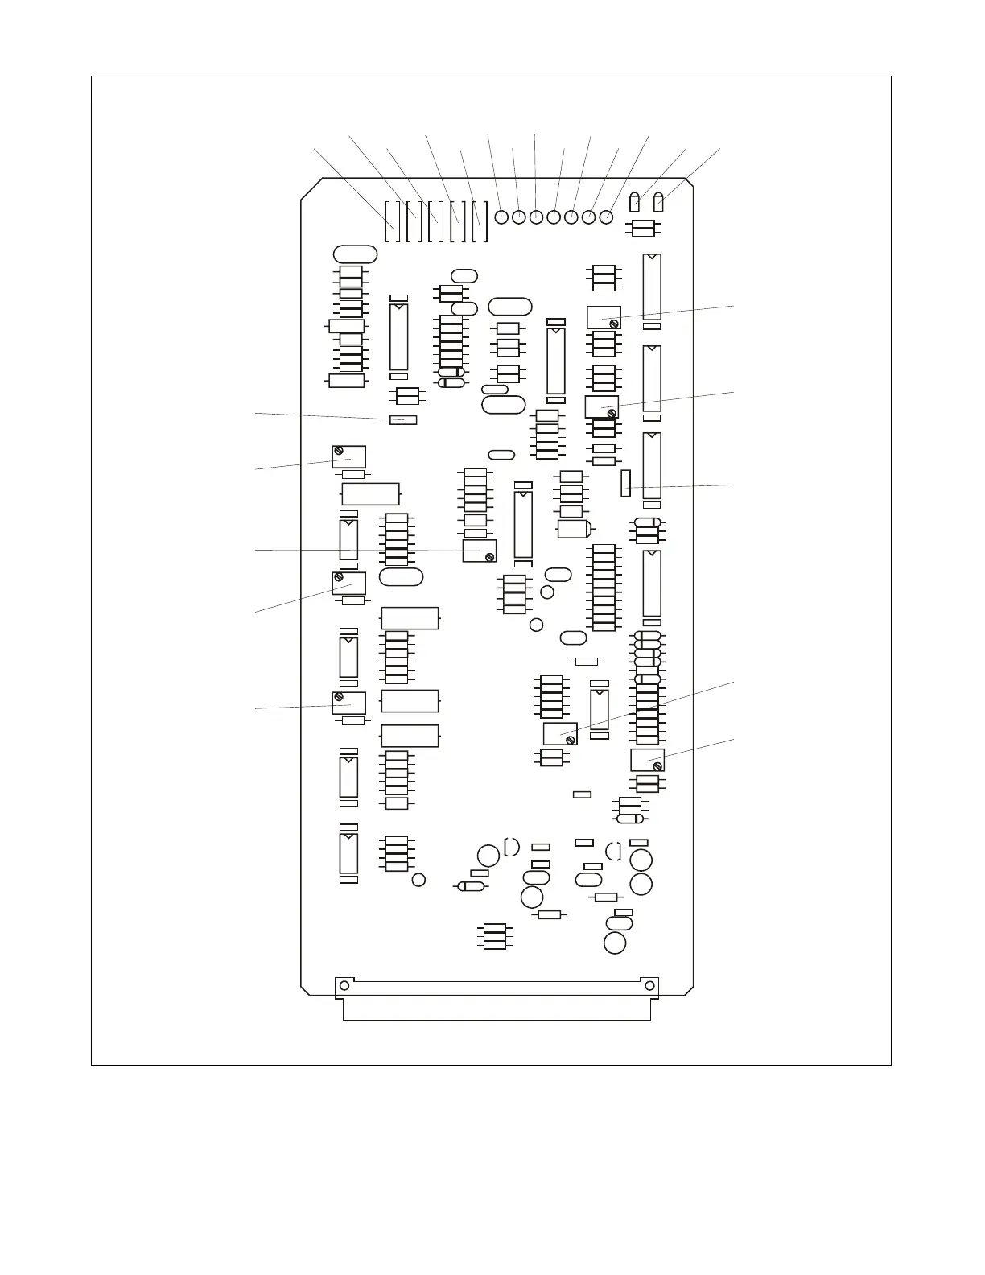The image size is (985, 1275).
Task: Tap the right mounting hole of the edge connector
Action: pos(649,985)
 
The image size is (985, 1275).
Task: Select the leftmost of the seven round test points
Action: pos(501,217)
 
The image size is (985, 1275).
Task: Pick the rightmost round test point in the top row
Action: pos(606,217)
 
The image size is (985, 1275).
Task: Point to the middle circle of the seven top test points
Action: pos(554,217)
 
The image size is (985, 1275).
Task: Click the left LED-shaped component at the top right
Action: pos(635,201)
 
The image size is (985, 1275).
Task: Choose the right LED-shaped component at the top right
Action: pos(659,201)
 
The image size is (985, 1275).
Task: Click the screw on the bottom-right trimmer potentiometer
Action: pos(658,766)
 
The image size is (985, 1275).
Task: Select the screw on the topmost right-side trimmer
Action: pos(615,324)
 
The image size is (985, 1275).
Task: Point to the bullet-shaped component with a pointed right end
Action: pos(575,530)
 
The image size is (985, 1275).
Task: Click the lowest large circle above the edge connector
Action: pos(615,943)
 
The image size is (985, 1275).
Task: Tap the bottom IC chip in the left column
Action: pos(348,854)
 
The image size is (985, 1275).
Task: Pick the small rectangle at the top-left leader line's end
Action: pos(403,419)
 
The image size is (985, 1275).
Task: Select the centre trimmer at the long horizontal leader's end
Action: pos(480,551)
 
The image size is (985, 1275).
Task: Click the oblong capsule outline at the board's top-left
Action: pos(355,254)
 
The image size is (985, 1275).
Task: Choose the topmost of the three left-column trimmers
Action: pos(348,456)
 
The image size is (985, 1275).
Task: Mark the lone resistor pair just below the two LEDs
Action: pos(644,229)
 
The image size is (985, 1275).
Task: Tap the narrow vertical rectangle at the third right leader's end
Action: pos(625,485)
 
